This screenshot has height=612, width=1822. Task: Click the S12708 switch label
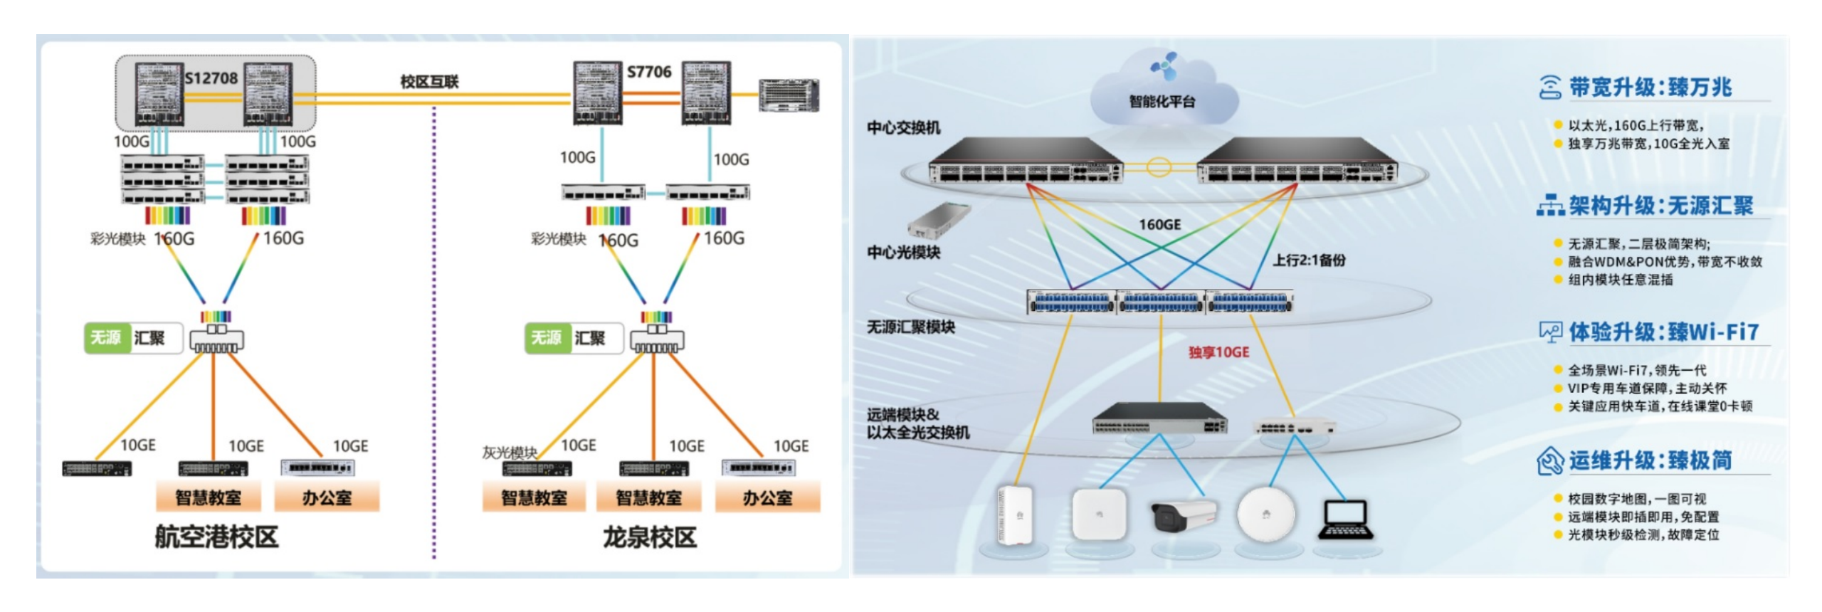pos(211,78)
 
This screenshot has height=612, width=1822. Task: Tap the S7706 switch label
pos(648,72)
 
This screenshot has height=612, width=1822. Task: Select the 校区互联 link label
pos(429,82)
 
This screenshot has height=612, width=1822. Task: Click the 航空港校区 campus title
pos(216,537)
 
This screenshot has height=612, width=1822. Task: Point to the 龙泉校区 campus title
pos(649,537)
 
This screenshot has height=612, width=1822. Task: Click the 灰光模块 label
pos(509,453)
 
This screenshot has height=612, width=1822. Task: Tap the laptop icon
pos(1345,520)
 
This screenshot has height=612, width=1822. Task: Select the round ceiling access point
pos(1265,514)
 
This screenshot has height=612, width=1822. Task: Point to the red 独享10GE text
pos(1218,352)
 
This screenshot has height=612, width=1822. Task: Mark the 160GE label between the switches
pos(1159,225)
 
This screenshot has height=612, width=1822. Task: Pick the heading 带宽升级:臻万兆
pos(1650,88)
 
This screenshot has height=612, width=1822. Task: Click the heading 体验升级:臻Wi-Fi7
pos(1663,332)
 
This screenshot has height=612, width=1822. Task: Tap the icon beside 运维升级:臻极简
pos(1549,461)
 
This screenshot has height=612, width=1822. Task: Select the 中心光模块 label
pos(903,253)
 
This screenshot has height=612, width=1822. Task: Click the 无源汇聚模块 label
pos(910,327)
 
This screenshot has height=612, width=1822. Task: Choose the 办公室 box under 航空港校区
pos(327,497)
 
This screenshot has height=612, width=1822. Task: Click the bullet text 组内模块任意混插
pos(1621,280)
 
